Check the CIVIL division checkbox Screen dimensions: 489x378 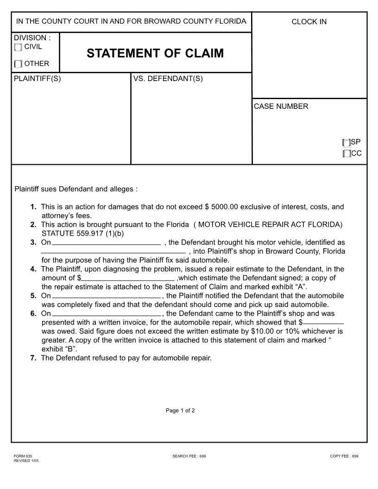point(18,47)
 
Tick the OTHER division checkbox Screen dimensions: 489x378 point(18,64)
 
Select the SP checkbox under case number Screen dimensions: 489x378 point(346,143)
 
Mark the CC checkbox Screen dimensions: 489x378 point(346,154)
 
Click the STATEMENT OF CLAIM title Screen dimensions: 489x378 point(155,53)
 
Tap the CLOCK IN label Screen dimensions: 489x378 point(309,22)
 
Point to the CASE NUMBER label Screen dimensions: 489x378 point(281,107)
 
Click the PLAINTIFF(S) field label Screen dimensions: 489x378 point(38,79)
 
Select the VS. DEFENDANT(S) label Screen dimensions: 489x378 point(168,79)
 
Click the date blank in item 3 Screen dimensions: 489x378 point(107,242)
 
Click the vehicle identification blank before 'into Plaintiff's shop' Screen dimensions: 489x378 point(113,251)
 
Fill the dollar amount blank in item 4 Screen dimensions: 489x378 point(128,278)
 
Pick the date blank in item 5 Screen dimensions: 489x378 point(107,296)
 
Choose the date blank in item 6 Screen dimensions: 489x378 point(107,313)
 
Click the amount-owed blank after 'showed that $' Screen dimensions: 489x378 point(323,322)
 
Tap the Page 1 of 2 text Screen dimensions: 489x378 point(180,410)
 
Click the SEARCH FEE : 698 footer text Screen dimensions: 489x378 point(189,456)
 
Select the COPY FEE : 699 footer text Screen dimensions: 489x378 point(344,456)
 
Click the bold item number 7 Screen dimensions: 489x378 point(33,357)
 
